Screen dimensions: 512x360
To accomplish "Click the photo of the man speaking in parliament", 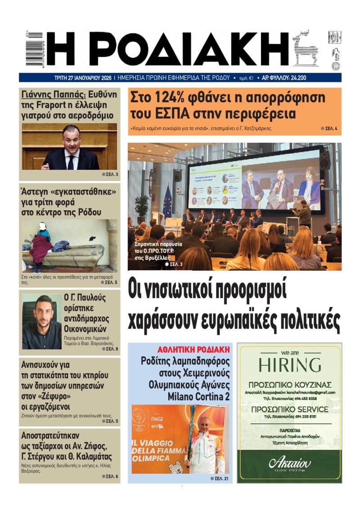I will click(69, 147).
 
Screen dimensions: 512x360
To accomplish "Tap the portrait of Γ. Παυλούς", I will click(42, 322).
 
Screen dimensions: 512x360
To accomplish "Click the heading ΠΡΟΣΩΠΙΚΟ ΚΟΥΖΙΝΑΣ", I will click(289, 385).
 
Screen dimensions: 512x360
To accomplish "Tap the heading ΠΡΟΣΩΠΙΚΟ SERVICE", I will click(289, 409).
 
